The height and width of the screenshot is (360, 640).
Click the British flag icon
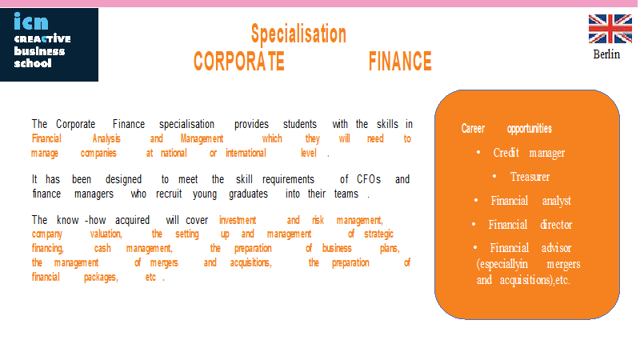point(610,29)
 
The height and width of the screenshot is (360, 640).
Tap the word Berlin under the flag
point(606,54)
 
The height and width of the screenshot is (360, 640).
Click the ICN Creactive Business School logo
point(49,45)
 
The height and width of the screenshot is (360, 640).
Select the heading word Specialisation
point(298,34)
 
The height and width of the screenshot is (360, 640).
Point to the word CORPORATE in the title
point(238,62)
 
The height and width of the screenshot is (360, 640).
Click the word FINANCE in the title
point(400,62)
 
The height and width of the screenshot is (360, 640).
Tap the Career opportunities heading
point(506,129)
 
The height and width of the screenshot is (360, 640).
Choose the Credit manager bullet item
point(529,153)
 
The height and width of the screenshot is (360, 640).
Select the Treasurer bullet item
point(530,177)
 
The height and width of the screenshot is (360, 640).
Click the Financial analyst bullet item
point(530,201)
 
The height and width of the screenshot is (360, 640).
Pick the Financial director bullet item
point(530,225)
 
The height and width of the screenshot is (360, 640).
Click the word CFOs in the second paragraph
point(369,179)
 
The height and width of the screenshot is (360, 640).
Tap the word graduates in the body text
point(248,194)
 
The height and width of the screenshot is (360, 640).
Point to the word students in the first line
point(300,124)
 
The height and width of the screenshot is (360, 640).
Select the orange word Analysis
point(106,138)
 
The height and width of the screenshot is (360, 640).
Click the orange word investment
point(238,221)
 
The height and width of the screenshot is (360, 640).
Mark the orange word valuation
point(106,234)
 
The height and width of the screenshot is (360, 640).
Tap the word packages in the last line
point(101,278)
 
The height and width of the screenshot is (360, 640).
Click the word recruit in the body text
point(169,194)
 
